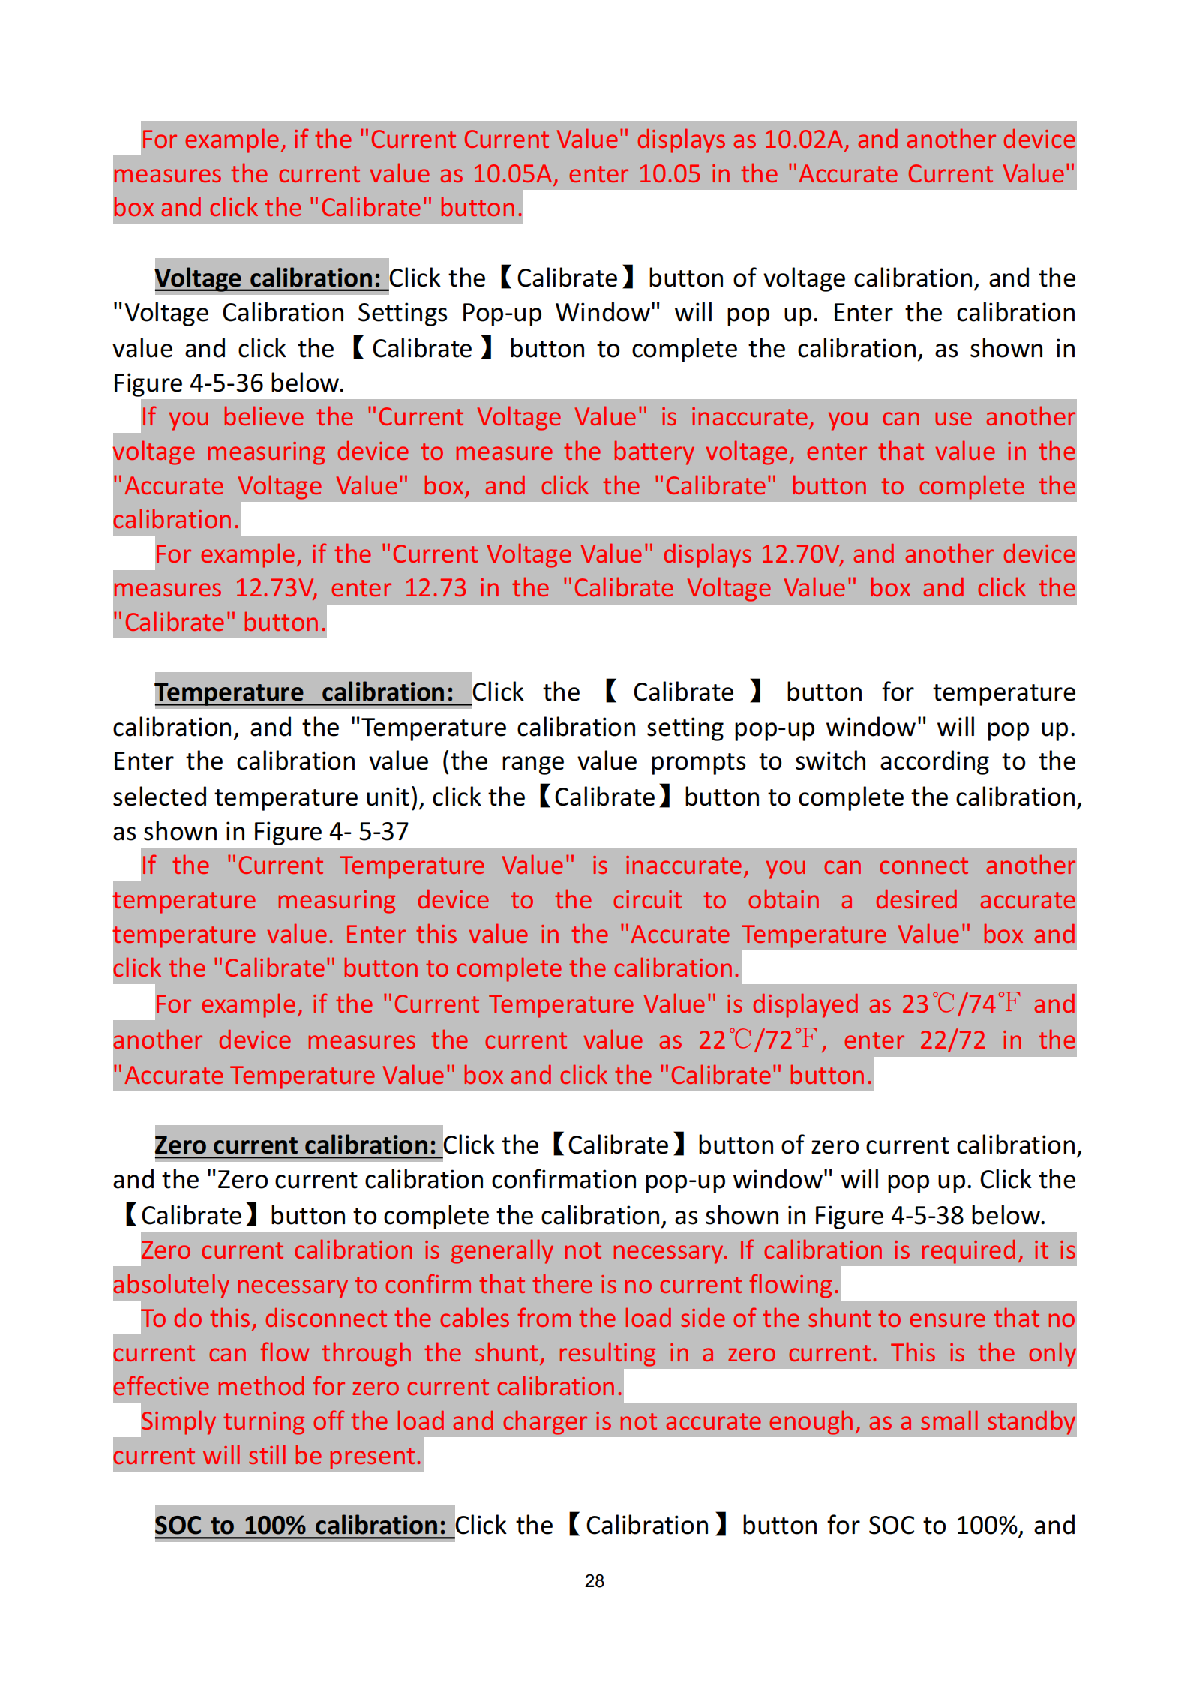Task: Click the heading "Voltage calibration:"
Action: (268, 278)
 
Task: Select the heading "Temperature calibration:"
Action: (304, 692)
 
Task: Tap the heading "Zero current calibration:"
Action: (295, 1145)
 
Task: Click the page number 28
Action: (594, 1581)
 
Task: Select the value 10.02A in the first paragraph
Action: (806, 140)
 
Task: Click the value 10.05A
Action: (514, 175)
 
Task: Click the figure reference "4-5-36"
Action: (226, 384)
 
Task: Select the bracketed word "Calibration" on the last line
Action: (647, 1526)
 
